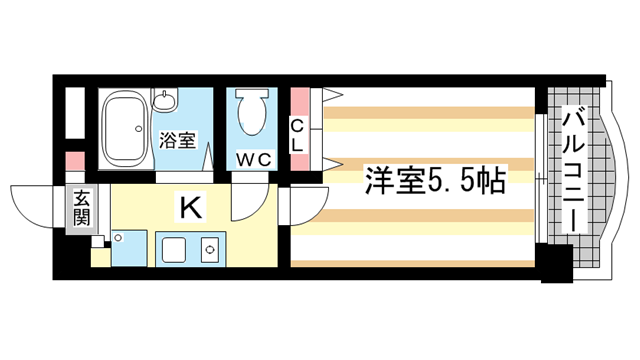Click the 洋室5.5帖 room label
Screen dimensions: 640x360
433,182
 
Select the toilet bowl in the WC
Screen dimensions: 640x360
252,115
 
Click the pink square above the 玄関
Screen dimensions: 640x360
76,160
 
